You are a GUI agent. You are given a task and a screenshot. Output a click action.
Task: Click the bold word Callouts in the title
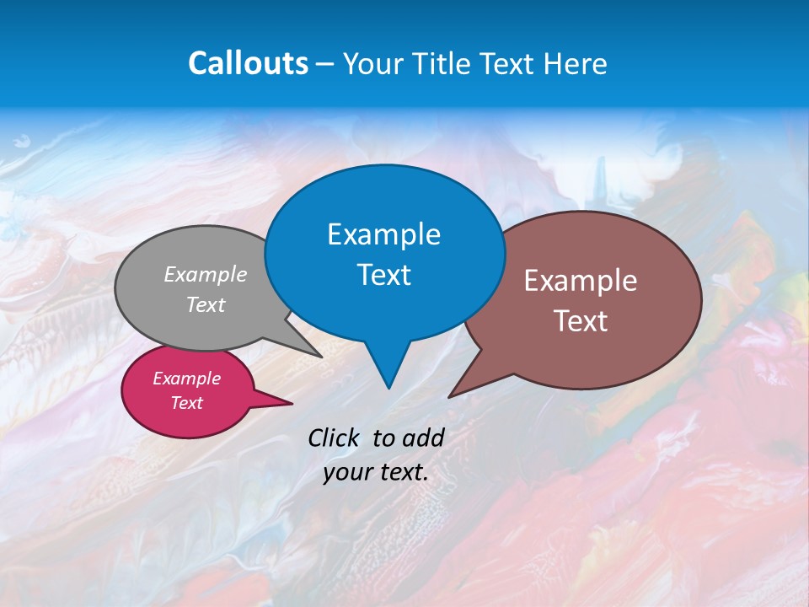click(248, 63)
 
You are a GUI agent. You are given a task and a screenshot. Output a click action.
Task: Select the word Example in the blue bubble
click(383, 234)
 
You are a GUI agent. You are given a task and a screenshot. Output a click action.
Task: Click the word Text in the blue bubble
click(383, 275)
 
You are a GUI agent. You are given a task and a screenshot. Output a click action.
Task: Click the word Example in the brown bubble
click(581, 281)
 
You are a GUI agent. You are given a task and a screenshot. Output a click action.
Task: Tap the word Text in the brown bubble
click(581, 321)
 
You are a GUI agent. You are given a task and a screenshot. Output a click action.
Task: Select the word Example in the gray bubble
click(206, 274)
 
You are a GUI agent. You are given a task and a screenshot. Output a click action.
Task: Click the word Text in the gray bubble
click(206, 304)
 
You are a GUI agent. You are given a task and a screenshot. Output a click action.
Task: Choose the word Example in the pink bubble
click(186, 379)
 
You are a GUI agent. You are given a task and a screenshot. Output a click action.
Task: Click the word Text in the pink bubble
click(186, 403)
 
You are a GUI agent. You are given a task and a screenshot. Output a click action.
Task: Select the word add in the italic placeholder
click(424, 438)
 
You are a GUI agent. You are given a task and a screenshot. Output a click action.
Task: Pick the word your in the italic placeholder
click(347, 472)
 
